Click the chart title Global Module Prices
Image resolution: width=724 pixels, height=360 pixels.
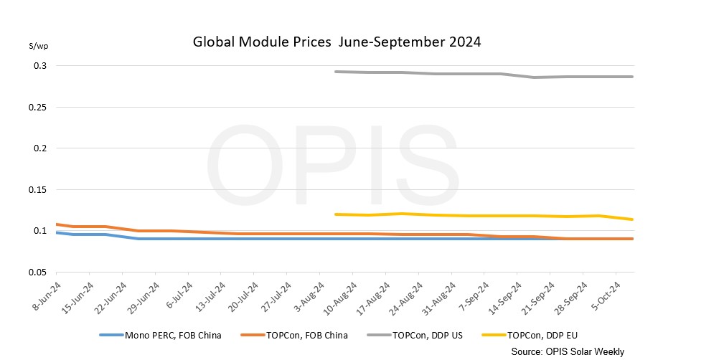coord(337,42)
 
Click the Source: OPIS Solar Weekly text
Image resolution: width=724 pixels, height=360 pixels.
coord(567,351)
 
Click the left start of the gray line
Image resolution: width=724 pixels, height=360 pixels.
coord(337,72)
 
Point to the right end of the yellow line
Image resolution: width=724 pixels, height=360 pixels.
coord(632,219)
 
